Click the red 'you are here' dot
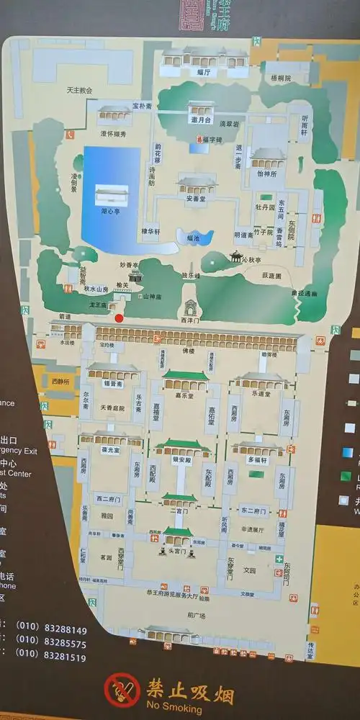coord(119,318)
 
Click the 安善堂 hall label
coord(197,199)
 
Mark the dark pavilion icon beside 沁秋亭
coord(235,256)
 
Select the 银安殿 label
coord(181,459)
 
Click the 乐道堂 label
coord(260,394)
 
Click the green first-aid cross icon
coord(278,559)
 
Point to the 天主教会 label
coord(79,91)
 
